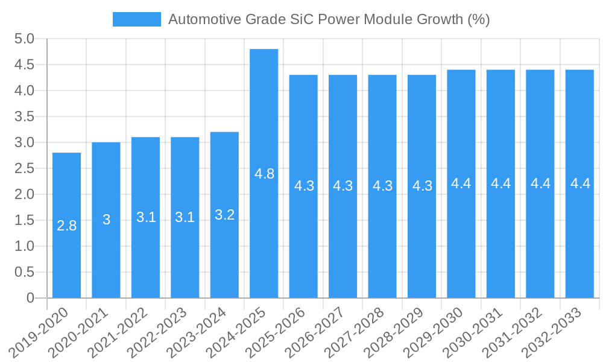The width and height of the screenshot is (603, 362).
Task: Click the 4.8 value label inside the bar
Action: pos(264,174)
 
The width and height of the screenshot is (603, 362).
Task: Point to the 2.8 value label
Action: pos(66,226)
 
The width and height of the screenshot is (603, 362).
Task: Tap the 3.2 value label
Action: pos(224,215)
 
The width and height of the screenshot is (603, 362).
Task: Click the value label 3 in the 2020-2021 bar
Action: pos(106,220)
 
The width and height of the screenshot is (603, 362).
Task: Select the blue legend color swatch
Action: pos(137,19)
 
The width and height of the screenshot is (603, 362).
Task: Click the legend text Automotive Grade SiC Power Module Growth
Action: pos(329,19)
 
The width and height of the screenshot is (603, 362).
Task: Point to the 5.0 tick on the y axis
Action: pos(24,39)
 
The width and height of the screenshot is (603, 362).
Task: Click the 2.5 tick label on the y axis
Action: pos(24,169)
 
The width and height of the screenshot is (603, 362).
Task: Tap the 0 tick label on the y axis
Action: pos(30,298)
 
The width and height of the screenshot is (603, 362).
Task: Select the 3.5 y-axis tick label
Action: pos(24,117)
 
